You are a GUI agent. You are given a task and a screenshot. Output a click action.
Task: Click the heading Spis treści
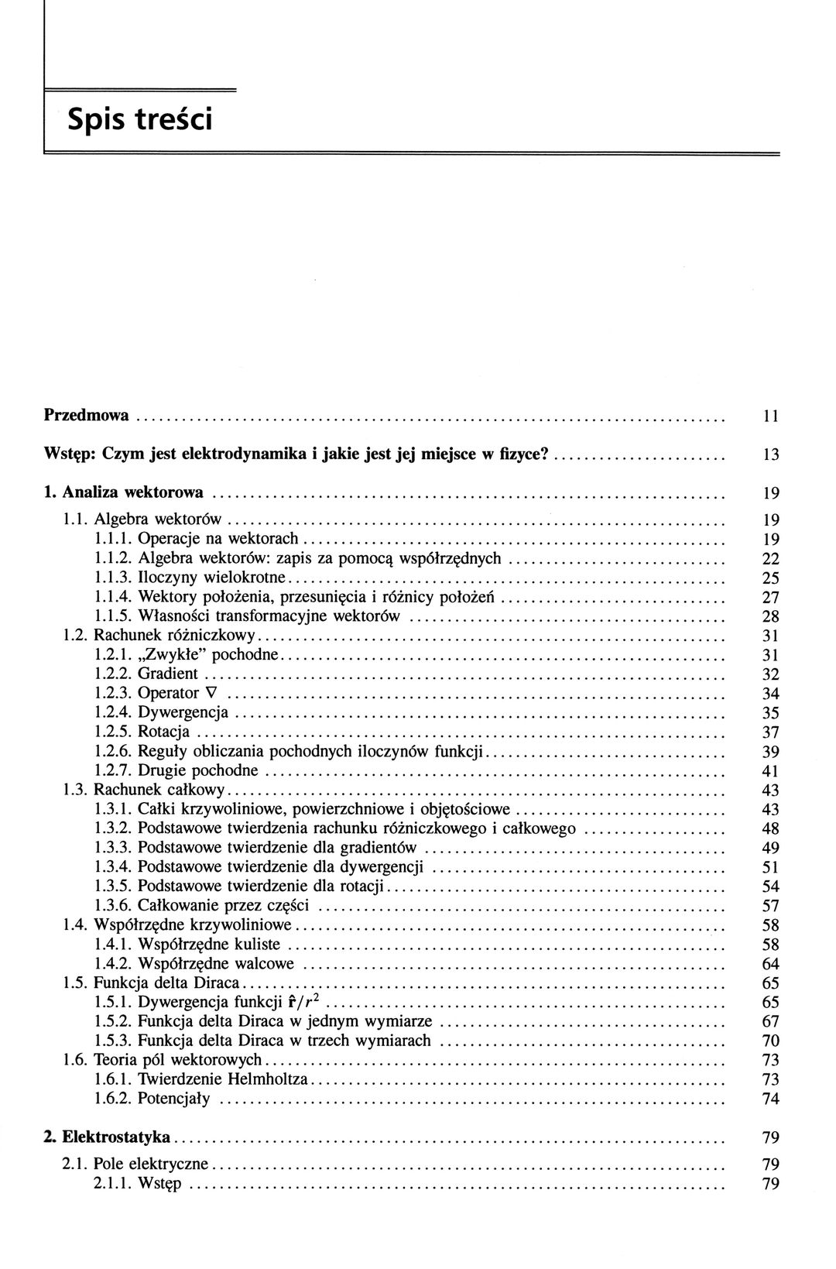pyautogui.click(x=139, y=120)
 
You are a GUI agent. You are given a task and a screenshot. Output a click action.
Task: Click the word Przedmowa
pyautogui.click(x=86, y=415)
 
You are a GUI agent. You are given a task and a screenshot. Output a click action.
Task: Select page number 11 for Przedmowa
pyautogui.click(x=769, y=417)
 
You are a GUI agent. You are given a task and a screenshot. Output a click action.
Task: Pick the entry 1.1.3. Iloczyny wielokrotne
pyautogui.click(x=191, y=578)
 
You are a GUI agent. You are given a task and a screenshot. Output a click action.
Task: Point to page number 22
pyautogui.click(x=770, y=559)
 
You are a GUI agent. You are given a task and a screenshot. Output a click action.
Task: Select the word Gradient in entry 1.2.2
pyautogui.click(x=168, y=674)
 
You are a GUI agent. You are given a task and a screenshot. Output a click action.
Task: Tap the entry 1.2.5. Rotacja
pyautogui.click(x=142, y=732)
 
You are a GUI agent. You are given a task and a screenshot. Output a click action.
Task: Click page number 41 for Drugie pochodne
pyautogui.click(x=770, y=771)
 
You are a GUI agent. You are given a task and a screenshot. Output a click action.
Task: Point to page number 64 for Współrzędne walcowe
pyautogui.click(x=770, y=964)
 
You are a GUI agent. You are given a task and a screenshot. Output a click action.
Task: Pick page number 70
pyautogui.click(x=770, y=1041)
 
